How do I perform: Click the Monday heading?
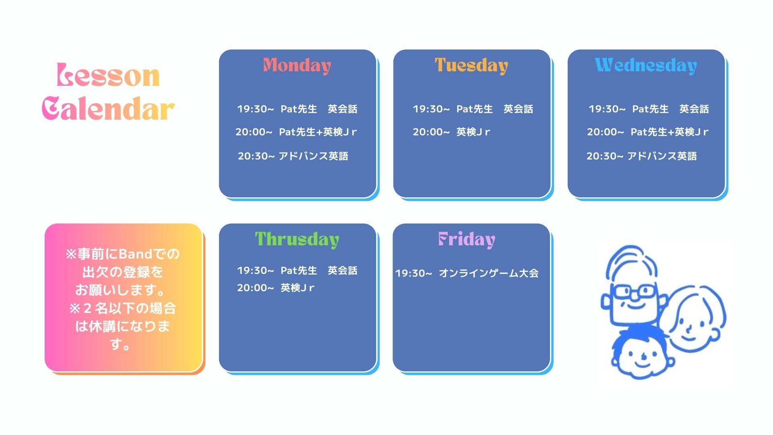click(297, 66)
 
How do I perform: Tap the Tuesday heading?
click(471, 66)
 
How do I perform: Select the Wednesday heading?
click(646, 66)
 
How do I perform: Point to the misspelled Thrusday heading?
click(297, 240)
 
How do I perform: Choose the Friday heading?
click(467, 240)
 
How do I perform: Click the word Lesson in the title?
click(108, 75)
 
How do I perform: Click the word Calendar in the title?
click(108, 109)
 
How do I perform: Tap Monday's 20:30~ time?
click(256, 156)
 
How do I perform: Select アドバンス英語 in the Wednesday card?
click(662, 156)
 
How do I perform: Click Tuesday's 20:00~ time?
click(431, 132)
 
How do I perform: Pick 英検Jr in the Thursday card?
click(297, 288)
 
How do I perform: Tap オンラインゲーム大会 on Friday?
click(488, 273)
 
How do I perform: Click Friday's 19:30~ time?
click(413, 273)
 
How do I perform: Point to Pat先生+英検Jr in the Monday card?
click(318, 132)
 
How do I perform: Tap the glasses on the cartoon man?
click(633, 291)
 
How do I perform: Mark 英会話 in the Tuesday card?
click(518, 109)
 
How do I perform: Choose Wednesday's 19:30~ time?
click(607, 109)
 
